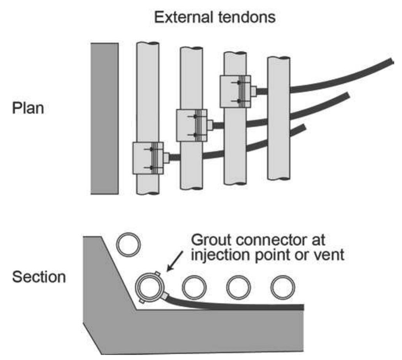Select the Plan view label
pyautogui.click(x=28, y=108)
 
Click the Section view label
pyautogui.click(x=39, y=277)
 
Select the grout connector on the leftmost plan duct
pyautogui.click(x=148, y=158)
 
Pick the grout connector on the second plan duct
pyautogui.click(x=192, y=125)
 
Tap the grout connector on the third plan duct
pyautogui.click(x=235, y=91)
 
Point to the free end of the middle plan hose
pyautogui.click(x=346, y=95)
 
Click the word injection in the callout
pyautogui.click(x=219, y=256)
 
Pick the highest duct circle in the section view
pyautogui.click(x=128, y=244)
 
